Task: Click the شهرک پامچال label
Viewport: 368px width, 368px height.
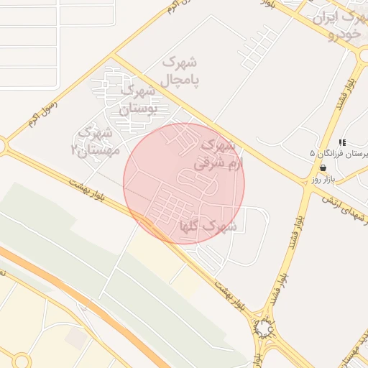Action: (x=183, y=70)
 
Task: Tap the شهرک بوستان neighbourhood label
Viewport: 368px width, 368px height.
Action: (x=137, y=100)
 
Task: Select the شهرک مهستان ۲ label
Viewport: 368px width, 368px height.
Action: (x=93, y=141)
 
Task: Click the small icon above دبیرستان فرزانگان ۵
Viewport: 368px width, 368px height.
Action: (x=343, y=142)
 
